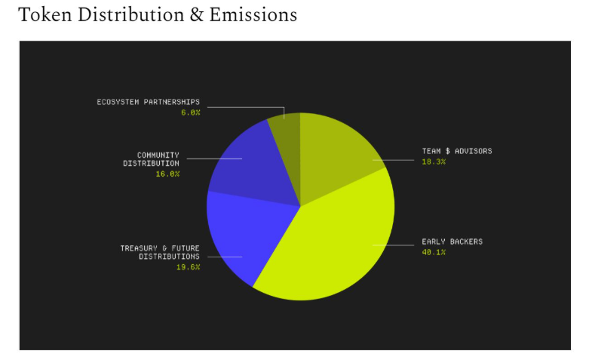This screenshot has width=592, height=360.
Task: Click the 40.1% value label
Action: [434, 252]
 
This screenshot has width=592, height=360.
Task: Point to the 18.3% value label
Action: [434, 162]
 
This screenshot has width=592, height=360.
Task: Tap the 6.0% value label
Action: [190, 112]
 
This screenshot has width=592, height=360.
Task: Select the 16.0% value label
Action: [167, 174]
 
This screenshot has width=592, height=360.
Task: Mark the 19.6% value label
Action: [188, 267]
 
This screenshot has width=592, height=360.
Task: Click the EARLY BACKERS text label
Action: [452, 242]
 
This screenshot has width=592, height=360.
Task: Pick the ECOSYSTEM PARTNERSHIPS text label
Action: [148, 102]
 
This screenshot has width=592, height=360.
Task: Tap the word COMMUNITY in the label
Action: [158, 155]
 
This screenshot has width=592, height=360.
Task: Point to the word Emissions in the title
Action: [255, 15]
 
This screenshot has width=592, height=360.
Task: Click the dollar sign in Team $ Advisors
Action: [447, 151]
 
